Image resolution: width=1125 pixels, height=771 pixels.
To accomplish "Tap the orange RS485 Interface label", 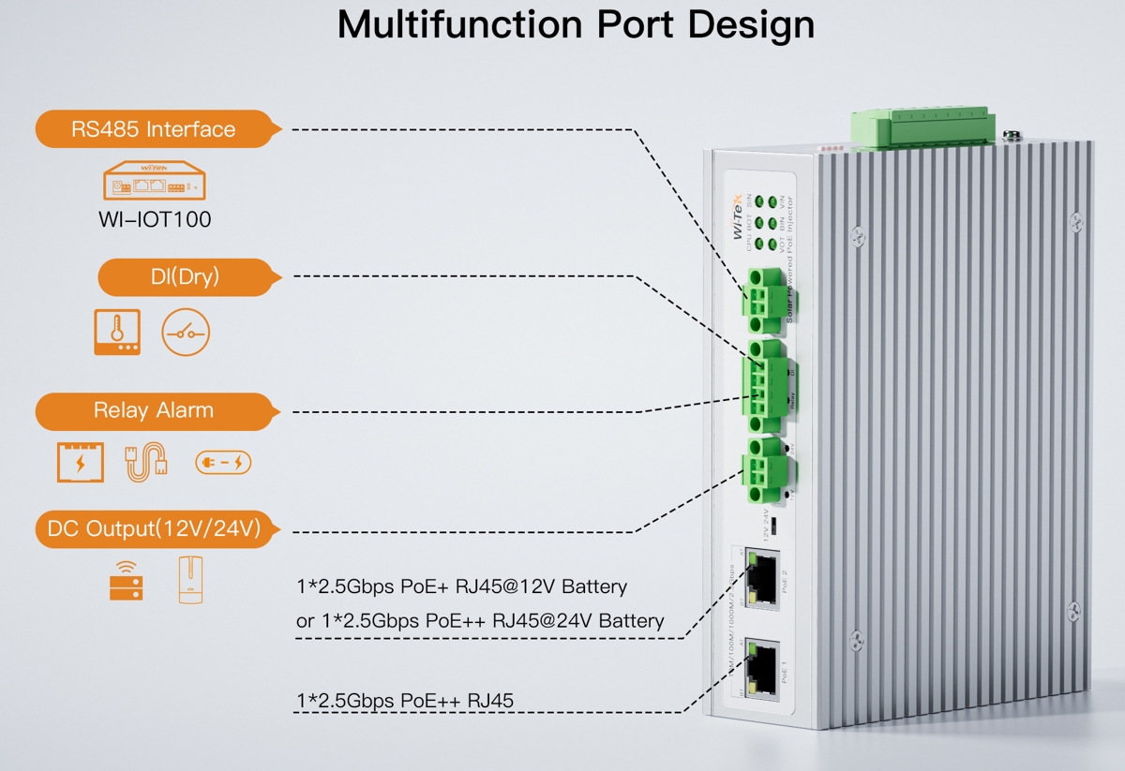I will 154,129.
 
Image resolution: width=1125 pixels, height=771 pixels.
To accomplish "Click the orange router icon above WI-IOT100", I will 154,179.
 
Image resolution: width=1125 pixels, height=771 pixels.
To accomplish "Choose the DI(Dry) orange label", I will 185,276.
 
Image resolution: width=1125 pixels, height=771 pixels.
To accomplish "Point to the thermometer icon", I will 117,333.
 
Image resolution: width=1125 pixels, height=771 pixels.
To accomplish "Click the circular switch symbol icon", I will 186,333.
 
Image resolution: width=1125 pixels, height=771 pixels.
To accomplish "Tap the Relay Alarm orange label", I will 154,410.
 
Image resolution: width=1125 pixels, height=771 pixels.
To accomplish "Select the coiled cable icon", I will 147,462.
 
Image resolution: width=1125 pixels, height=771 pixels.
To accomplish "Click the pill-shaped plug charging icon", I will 223,463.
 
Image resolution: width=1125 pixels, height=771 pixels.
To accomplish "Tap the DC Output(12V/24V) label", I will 154,529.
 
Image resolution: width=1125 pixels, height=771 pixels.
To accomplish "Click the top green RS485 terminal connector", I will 763,299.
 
